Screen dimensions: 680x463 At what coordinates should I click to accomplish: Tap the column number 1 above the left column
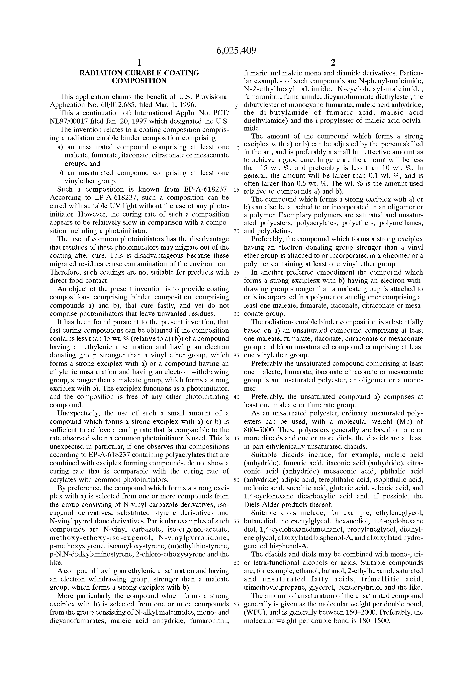[x=139, y=63]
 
